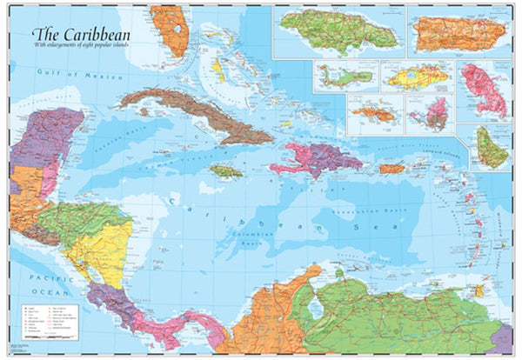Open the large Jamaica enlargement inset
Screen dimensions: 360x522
(335, 30)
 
